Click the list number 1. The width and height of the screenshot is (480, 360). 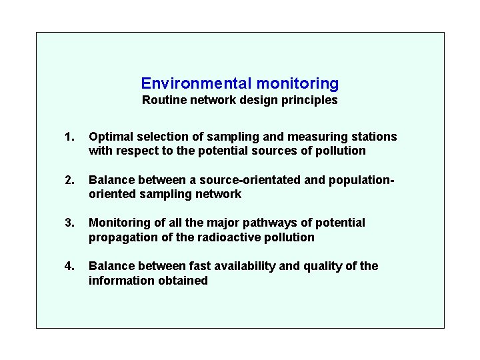69,137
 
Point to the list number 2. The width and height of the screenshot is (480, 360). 69,180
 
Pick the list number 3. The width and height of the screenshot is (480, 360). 69,223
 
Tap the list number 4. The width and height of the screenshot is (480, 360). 69,266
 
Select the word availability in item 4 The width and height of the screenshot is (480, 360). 244,266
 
